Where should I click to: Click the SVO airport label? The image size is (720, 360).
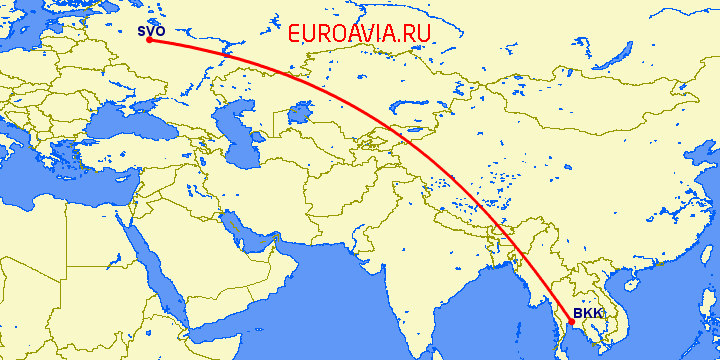pyautogui.click(x=151, y=31)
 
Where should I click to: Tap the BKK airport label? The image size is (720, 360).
pyautogui.click(x=588, y=312)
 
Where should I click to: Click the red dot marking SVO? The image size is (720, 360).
pyautogui.click(x=148, y=41)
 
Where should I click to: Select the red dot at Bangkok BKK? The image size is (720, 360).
pyautogui.click(x=570, y=321)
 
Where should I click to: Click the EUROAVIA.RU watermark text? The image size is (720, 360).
pyautogui.click(x=359, y=33)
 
